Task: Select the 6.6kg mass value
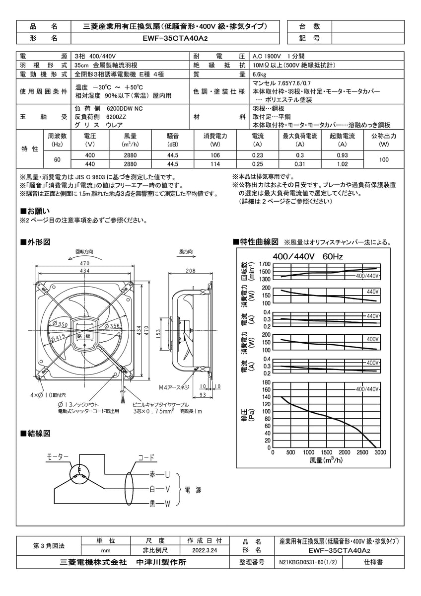pyautogui.click(x=260, y=74)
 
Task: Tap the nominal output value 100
pyautogui.click(x=384, y=160)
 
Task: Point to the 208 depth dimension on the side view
pyautogui.click(x=190, y=271)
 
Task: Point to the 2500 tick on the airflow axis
pyautogui.click(x=362, y=452)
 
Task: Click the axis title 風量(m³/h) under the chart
pyautogui.click(x=326, y=460)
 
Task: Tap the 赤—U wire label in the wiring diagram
pyautogui.click(x=160, y=475)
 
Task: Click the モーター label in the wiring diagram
pyautogui.click(x=58, y=456)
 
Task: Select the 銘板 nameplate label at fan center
pyautogui.click(x=84, y=336)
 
